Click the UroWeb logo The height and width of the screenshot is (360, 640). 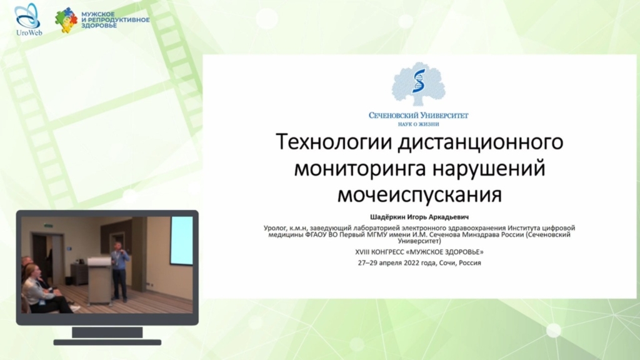click(x=28, y=19)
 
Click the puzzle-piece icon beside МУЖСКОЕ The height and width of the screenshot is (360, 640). click(x=66, y=20)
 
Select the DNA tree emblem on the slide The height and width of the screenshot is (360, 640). click(x=418, y=84)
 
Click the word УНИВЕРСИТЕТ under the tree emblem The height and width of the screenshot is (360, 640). click(x=444, y=116)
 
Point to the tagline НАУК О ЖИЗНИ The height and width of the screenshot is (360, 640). click(x=418, y=124)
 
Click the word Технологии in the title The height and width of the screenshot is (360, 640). click(x=334, y=142)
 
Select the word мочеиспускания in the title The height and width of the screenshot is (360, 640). click(x=419, y=195)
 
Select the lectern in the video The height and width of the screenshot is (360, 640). click(x=99, y=281)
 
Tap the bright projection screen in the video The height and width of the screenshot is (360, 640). click(x=181, y=241)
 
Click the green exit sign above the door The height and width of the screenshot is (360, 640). click(x=47, y=224)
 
